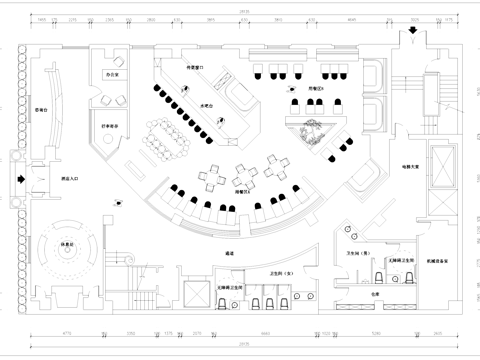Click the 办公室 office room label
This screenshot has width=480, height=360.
113,75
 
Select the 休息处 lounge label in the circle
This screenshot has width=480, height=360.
68,244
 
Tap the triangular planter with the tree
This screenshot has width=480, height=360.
315,130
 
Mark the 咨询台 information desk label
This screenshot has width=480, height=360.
42,110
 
